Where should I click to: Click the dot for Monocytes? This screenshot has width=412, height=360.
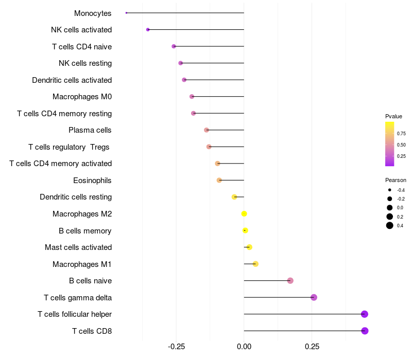pos(126,13)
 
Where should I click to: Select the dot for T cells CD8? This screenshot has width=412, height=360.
pos(365,331)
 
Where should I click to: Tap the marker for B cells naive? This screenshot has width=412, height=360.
pos(290,281)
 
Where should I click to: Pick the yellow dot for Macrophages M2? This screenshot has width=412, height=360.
pos(244,214)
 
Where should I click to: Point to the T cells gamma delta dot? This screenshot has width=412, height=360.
pos(314,297)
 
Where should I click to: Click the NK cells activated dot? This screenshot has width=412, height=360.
pos(148,30)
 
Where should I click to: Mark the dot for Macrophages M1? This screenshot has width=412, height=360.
pos(255,264)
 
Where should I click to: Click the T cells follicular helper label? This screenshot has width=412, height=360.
pos(75,314)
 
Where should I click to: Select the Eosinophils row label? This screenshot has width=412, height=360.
pos(93,181)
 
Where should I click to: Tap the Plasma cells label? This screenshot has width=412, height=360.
pos(90,130)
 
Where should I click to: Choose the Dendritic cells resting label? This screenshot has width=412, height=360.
pos(76,197)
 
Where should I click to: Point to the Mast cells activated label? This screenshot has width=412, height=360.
pos(78,247)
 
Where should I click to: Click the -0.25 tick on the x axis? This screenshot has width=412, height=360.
pos(177,347)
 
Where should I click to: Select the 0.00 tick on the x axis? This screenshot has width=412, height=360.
pos(244,347)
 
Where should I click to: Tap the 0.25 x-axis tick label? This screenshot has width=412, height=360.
pos(312,347)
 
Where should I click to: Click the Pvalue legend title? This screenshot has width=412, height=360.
pos(393,116)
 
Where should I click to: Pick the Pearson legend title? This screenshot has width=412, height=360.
pos(396,181)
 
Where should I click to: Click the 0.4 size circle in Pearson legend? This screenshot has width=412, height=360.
pos(390,225)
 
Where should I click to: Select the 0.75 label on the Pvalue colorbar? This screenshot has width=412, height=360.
pos(401,133)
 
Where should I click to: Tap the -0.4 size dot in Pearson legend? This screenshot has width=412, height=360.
pos(390,190)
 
